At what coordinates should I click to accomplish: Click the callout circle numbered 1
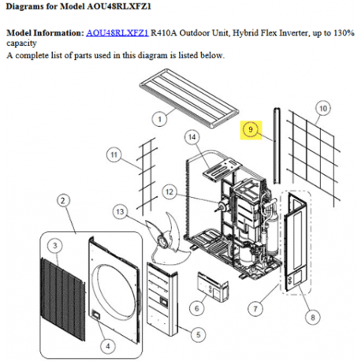[x=159, y=120]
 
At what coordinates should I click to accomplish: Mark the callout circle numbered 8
[x=314, y=317]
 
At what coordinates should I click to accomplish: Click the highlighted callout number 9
[x=251, y=128]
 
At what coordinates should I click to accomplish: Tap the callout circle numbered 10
[x=322, y=107]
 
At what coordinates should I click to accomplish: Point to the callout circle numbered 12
[x=169, y=190]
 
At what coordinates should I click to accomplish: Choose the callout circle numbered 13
[x=120, y=211]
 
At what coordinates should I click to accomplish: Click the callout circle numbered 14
[x=191, y=138]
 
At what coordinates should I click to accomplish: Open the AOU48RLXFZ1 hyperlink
[x=117, y=34]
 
